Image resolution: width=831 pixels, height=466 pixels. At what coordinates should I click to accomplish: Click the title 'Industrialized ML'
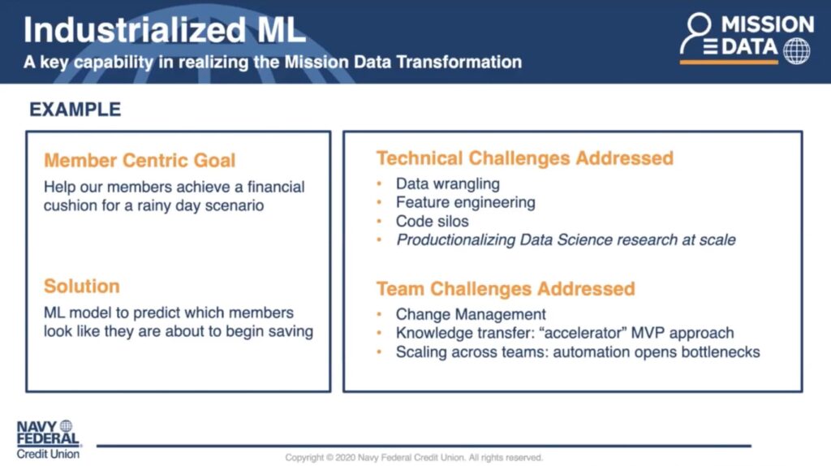[165, 30]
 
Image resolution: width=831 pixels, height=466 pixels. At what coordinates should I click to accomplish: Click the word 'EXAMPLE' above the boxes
[75, 110]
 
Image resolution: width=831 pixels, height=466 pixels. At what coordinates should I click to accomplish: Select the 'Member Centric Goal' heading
[140, 160]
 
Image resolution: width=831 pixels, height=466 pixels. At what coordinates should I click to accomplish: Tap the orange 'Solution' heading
[82, 287]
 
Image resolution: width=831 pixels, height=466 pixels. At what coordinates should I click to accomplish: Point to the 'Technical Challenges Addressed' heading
[525, 158]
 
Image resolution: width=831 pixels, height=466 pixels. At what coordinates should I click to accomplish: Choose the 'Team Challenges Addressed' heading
[506, 289]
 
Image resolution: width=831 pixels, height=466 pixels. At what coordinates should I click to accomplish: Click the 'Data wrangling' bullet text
[448, 184]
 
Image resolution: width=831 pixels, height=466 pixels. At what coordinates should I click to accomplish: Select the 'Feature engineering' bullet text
[465, 202]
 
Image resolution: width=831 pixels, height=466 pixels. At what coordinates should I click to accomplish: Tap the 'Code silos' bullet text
[432, 221]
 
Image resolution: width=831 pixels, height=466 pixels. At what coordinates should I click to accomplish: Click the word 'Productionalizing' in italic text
[456, 240]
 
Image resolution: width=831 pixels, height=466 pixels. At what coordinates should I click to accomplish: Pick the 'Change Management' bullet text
[471, 314]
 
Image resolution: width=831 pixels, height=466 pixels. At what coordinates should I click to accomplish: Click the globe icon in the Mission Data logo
[797, 51]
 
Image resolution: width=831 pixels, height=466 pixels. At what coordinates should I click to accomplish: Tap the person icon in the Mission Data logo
[695, 32]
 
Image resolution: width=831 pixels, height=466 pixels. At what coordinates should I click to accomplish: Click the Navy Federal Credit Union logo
[48, 439]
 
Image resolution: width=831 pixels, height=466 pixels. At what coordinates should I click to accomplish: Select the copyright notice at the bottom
[414, 458]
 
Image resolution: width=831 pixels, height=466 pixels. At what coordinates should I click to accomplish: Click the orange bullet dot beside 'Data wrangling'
[380, 184]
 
